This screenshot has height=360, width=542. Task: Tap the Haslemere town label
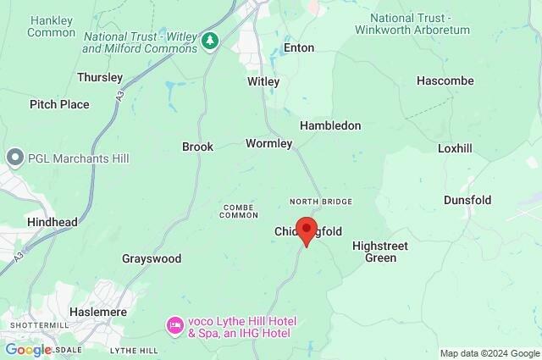click(96, 311)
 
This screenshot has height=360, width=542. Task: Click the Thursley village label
click(100, 77)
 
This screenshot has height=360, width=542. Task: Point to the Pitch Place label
click(59, 104)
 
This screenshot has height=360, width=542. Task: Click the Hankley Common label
click(51, 25)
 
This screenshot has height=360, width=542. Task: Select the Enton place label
click(298, 48)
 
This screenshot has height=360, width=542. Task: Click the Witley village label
click(263, 81)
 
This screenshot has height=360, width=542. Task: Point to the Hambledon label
click(330, 125)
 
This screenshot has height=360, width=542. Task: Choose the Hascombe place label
click(445, 80)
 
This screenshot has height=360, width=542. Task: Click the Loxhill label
click(455, 147)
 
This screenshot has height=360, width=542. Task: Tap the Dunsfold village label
click(467, 200)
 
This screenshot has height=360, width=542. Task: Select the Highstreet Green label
click(380, 252)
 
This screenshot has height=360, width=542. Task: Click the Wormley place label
click(268, 143)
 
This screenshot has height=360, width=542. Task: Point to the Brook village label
click(197, 147)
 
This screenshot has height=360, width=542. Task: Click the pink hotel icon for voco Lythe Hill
click(174, 325)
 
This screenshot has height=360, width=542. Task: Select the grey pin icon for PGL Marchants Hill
click(14, 158)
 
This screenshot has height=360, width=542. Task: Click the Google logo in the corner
click(28, 349)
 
